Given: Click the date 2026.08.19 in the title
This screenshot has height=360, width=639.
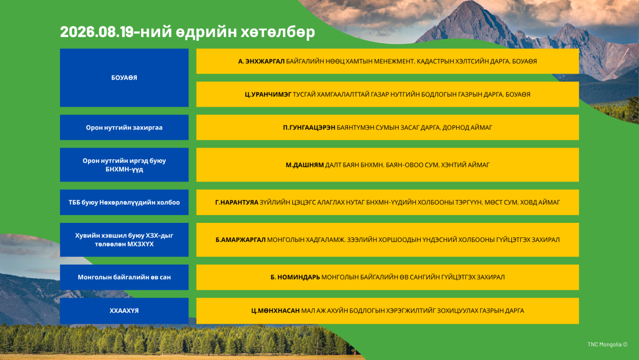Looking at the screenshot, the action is tap(97, 32).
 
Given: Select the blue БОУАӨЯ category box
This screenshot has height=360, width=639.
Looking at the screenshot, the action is tap(124, 78).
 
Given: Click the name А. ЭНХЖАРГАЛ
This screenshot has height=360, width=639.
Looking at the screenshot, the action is tap(261, 61).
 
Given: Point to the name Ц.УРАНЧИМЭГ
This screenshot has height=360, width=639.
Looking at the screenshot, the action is tap(268, 95).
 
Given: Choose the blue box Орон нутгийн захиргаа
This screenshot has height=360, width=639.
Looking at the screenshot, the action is tap(124, 127).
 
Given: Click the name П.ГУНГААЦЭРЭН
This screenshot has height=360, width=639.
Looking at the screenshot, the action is tap(309, 127).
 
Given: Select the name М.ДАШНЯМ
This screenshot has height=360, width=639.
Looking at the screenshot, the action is tap(305, 165).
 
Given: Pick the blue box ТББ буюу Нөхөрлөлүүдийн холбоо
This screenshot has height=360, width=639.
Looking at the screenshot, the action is tap(124, 202).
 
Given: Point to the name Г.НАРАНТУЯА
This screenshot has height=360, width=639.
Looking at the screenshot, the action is tap(236, 202).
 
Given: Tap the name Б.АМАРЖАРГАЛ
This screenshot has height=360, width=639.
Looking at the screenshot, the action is tap(241, 239).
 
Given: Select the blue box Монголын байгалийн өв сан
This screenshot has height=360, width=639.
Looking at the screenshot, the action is tap(124, 277).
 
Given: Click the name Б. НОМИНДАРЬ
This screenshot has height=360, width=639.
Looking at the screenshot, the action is tap(295, 277).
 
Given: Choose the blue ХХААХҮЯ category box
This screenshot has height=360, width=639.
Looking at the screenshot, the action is tap(124, 311).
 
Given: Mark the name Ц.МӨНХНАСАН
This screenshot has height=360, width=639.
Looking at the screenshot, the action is tap(275, 311).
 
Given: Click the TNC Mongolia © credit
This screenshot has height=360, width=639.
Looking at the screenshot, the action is tap(607, 344).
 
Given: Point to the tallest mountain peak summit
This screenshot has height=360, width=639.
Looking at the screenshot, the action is tap(470, 2).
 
